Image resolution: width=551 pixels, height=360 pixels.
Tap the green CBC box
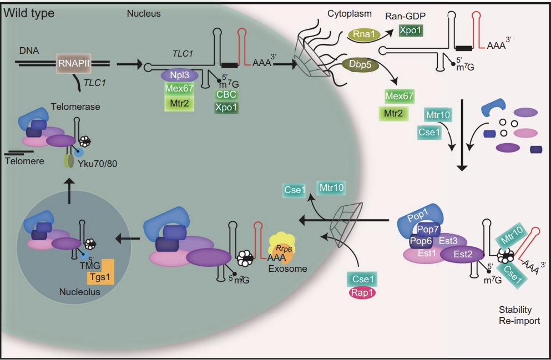(x=227, y=94)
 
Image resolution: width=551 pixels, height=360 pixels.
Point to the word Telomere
(x=23, y=161)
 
